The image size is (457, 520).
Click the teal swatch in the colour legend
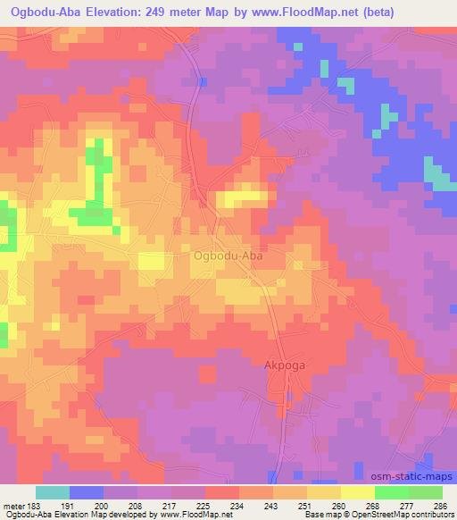tap(53, 493)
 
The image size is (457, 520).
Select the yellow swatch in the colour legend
tap(357, 493)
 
